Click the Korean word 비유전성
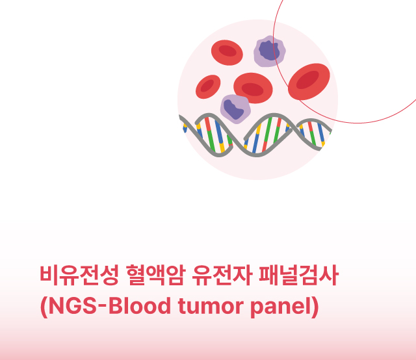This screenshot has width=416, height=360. (79, 275)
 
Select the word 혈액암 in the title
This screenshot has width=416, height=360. (155, 275)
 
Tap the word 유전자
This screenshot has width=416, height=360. (222, 275)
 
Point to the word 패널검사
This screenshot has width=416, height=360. (299, 275)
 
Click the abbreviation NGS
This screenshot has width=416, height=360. (73, 306)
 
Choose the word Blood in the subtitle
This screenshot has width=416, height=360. (140, 306)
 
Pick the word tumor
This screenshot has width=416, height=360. (211, 307)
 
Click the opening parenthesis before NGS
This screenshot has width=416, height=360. (44, 307)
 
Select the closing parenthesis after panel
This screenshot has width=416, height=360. (315, 307)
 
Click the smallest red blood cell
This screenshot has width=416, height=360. (208, 86)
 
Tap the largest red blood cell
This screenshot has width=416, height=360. (309, 82)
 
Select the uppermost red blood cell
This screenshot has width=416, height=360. (227, 53)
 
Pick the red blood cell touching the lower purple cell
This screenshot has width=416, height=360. (253, 88)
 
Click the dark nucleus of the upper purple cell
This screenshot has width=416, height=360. (269, 51)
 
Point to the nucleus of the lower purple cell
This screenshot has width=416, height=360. (233, 109)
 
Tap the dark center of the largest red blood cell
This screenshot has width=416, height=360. (307, 79)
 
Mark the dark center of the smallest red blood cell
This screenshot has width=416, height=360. (207, 86)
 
